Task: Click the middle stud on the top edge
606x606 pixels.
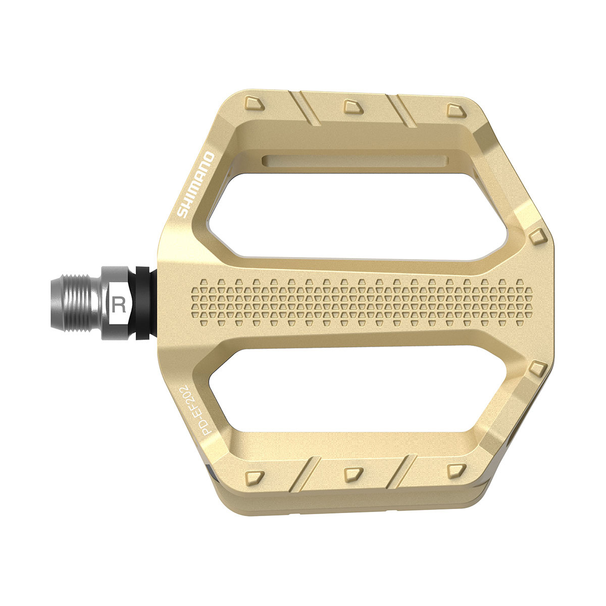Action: click(x=350, y=105)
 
